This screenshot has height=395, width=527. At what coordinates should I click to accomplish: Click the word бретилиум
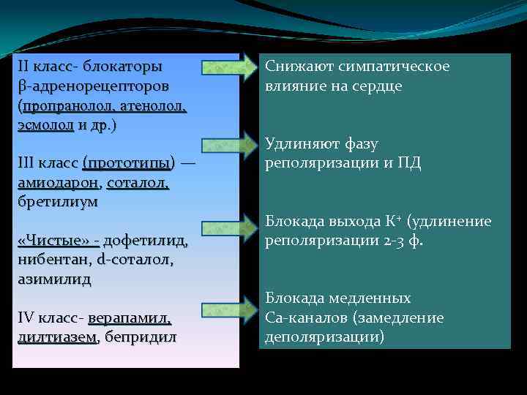click(57, 201)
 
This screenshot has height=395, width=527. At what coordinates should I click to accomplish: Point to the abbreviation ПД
click(409, 162)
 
